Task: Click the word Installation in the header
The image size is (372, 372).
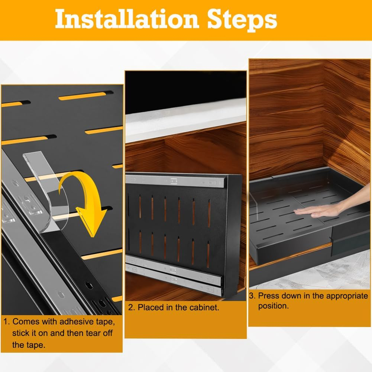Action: pyautogui.click(x=127, y=19)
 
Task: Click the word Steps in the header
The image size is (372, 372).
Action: pyautogui.click(x=242, y=20)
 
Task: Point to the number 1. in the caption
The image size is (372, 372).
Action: pyautogui.click(x=6, y=322)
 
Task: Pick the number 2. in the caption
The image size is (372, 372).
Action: pyautogui.click(x=132, y=307)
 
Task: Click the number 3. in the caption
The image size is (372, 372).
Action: pyautogui.click(x=252, y=296)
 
